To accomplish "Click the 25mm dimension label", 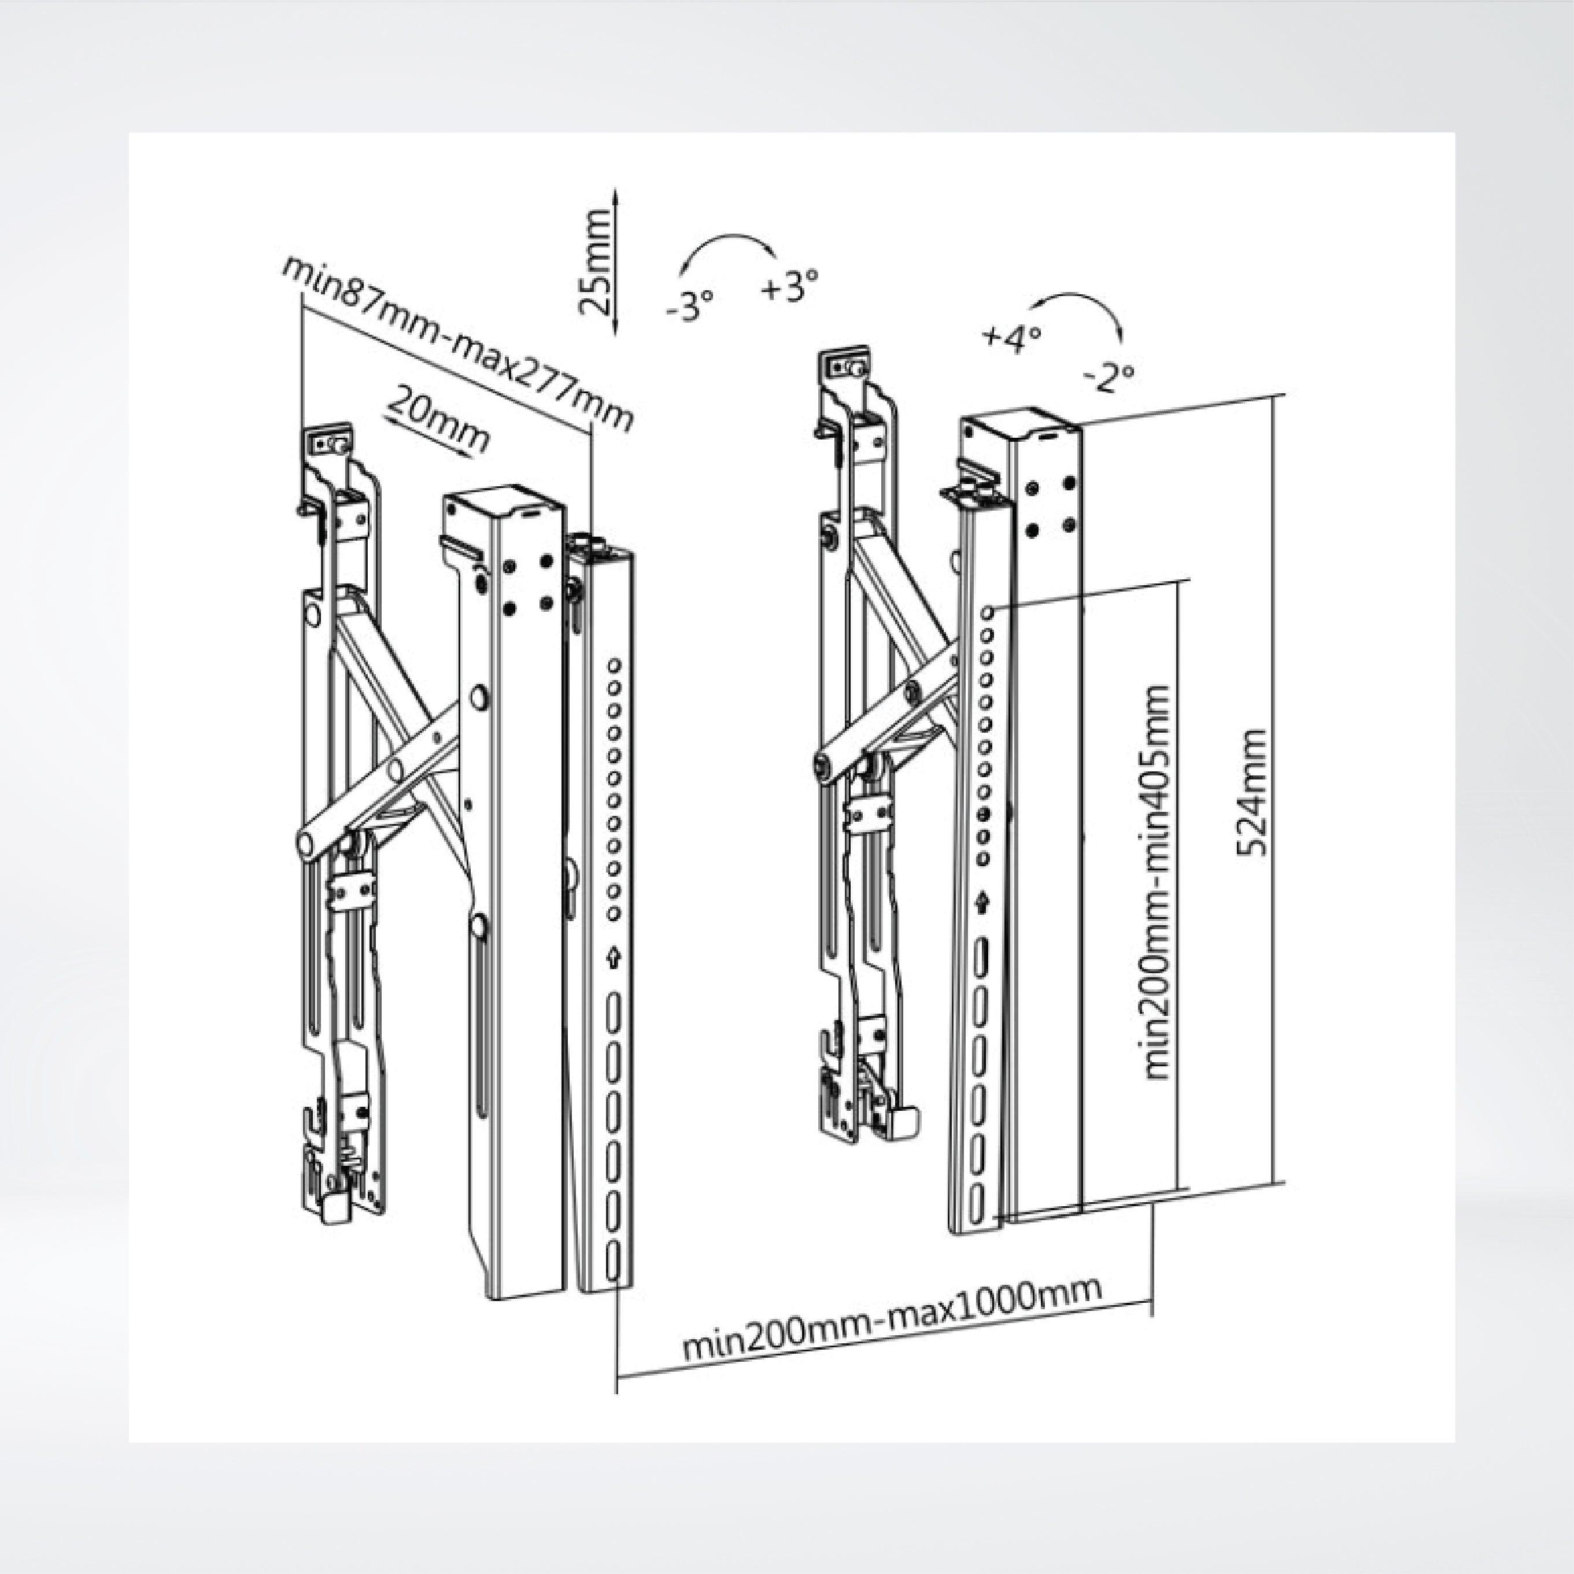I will click(x=594, y=263).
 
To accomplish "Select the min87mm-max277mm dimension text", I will click(x=457, y=343).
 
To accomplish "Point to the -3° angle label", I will click(x=689, y=305).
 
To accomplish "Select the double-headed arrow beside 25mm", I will click(x=616, y=261).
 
